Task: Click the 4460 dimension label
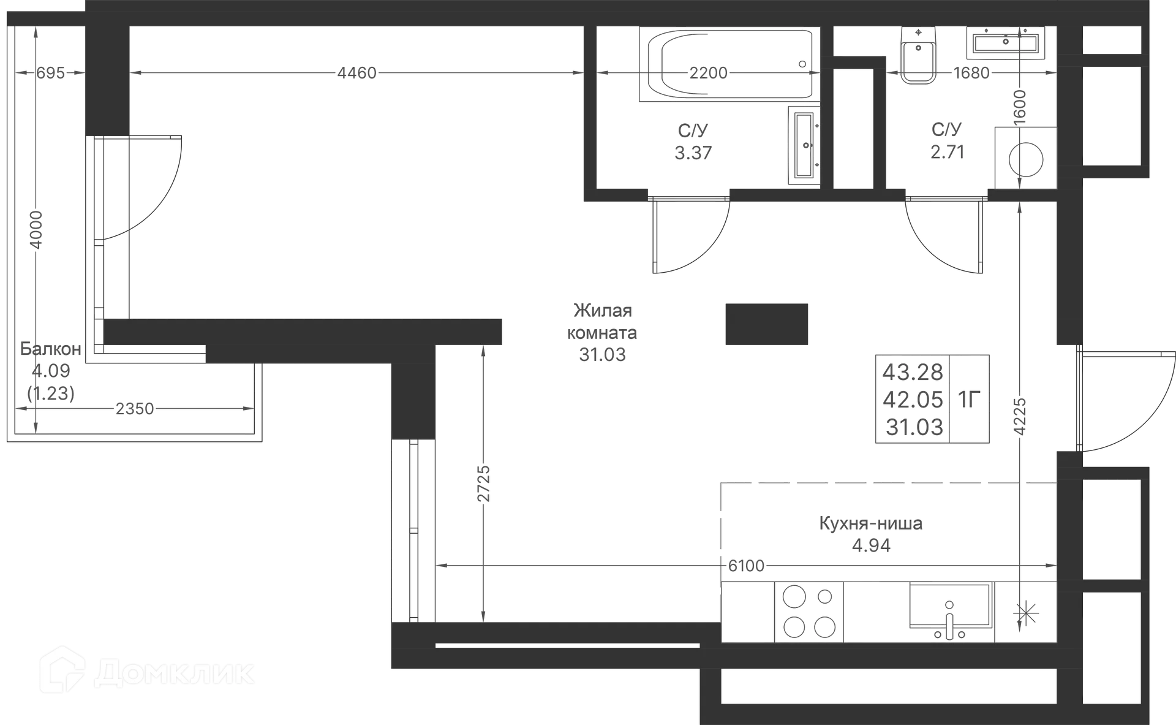coord(358,73)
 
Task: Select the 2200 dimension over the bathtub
coord(709,73)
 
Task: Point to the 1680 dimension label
coord(972,73)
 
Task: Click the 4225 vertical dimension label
coord(1019,416)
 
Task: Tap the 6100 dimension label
coord(745,565)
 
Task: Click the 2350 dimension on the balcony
coord(135,408)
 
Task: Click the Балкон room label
coord(51,349)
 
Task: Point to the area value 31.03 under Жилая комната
coord(603,354)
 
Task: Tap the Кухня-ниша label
coord(870,524)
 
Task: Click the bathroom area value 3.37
coord(693,151)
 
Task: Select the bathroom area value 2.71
coord(947,151)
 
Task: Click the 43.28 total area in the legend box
coord(913,371)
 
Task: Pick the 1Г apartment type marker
coord(972,400)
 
